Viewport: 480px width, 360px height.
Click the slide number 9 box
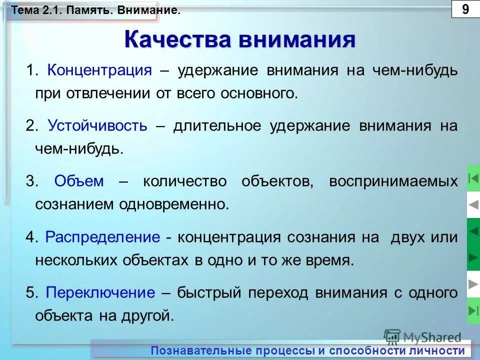point(465,9)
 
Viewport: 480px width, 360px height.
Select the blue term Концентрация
point(99,70)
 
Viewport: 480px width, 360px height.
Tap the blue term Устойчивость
point(98,125)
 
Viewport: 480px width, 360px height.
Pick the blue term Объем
point(79,181)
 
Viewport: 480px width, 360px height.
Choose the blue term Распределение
point(102,237)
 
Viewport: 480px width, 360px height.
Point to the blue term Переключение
point(100,292)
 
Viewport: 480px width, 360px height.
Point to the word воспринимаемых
point(393,181)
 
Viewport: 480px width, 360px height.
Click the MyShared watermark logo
point(422,336)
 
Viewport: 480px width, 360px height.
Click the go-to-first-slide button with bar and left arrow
point(473,178)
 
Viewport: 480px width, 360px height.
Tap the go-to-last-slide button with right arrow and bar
point(473,310)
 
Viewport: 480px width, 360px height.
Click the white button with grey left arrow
point(473,204)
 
